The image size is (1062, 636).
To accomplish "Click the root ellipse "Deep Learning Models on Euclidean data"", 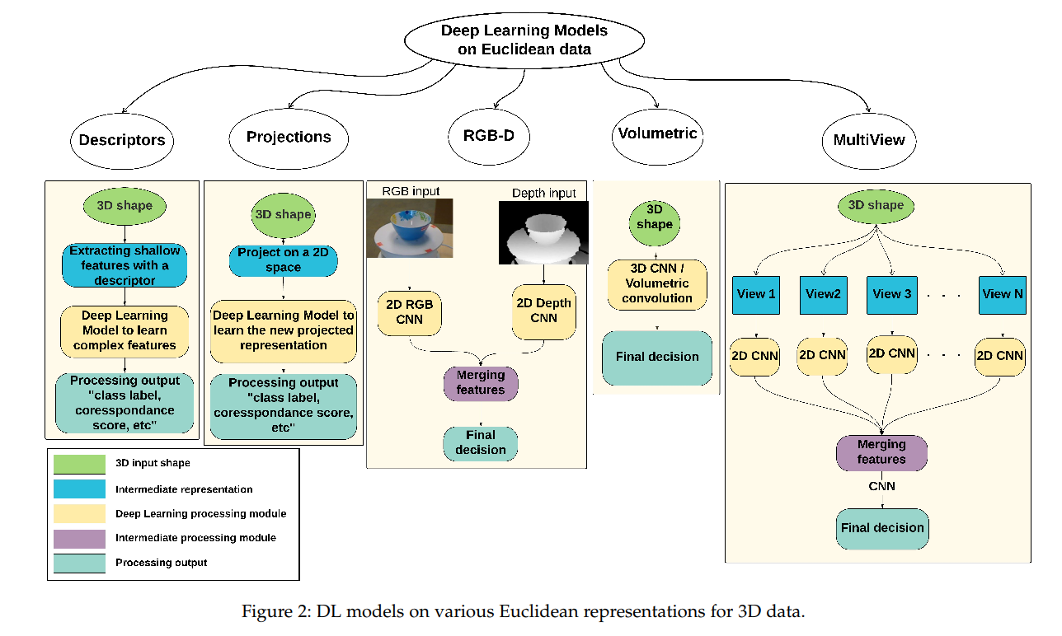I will pos(524,40).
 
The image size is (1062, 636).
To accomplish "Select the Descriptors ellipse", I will pos(122,139).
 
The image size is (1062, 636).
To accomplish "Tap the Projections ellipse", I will pos(289,137).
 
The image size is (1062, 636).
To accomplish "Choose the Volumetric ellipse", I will pos(657,133).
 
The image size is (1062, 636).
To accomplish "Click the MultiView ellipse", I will pos(868,139).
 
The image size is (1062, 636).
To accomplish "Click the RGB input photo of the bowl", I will pos(409,228).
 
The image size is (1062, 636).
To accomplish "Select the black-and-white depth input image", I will pos(542,232).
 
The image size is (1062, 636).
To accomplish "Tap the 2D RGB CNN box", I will pos(410,311).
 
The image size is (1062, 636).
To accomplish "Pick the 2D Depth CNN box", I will pos(543,311).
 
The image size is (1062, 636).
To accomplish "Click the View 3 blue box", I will pos(891,294).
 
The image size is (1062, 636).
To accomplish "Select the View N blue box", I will pos(1002,294).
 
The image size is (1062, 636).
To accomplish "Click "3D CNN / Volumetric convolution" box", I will pos(657,284).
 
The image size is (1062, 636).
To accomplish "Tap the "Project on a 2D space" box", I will pos(283,260).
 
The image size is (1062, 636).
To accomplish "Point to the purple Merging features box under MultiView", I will pos(881,452).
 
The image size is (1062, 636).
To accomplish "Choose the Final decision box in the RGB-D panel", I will pos(481,442).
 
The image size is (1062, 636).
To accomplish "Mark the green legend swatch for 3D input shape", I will pos(79,464).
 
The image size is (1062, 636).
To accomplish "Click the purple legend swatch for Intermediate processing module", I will pos(79,538).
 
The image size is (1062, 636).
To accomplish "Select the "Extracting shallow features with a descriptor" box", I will pos(124,265).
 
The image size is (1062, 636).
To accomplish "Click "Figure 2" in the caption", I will pos(272,612).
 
